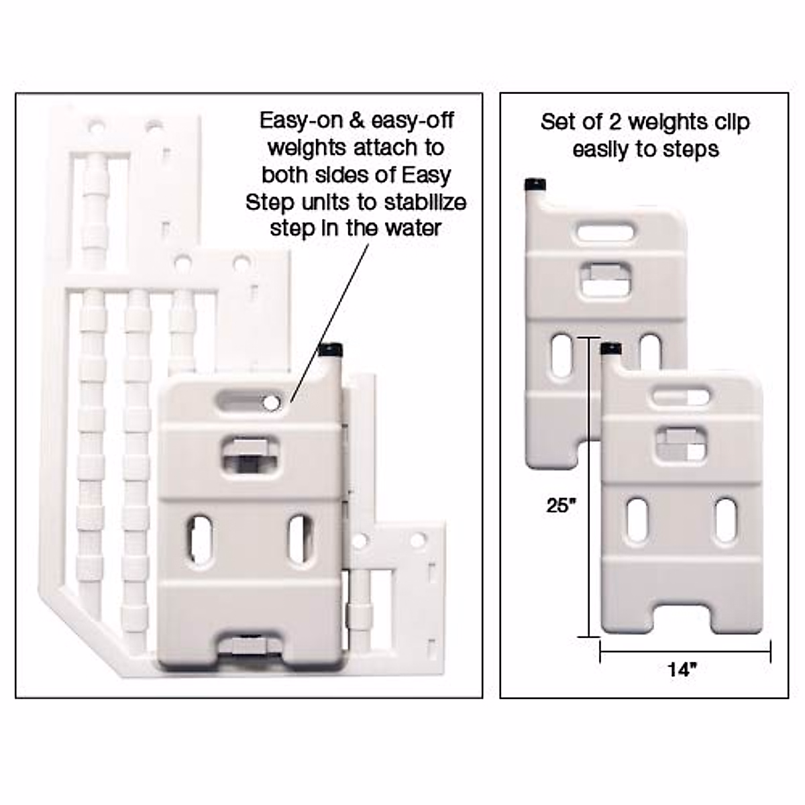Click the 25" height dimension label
coord(561,505)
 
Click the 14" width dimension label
coord(682,669)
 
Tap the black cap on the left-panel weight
coord(331,350)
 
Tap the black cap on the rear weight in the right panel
coord(535,184)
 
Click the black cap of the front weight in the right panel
coord(610,349)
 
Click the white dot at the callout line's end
coord(272,402)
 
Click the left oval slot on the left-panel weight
coord(202,539)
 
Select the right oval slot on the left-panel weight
coord(301,539)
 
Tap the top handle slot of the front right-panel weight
coord(682,396)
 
